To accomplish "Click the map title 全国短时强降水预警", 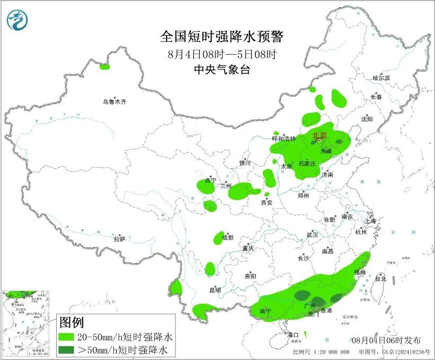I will tap(222, 37).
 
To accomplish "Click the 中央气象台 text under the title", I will tap(222, 69).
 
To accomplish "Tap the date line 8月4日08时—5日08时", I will tap(222, 54).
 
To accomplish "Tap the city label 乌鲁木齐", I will tap(115, 101).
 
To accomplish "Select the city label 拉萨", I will tap(119, 239).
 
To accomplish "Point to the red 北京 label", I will tap(319, 136).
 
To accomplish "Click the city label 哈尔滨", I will tap(380, 78).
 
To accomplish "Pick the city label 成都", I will tap(227, 238).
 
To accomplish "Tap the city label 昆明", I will tap(215, 290).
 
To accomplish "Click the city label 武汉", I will tap(312, 234).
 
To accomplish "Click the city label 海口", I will tap(293, 335).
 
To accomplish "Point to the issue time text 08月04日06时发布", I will tap(386, 340).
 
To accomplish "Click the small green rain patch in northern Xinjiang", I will tap(104, 67).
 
